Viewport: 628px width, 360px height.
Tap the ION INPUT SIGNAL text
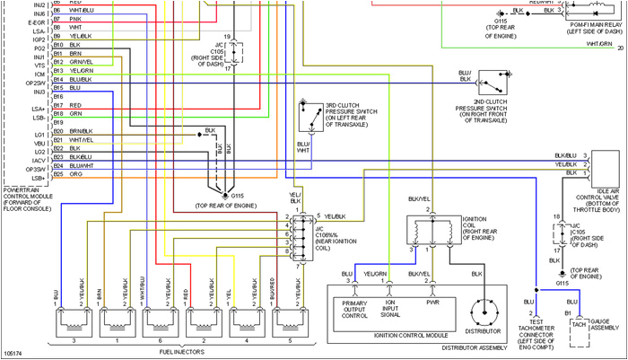[x=391, y=309]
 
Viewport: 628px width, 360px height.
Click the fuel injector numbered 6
[x=158, y=318]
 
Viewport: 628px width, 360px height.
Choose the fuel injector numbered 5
[x=288, y=318]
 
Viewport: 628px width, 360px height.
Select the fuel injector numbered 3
[x=71, y=318]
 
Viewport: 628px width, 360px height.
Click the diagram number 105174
[x=13, y=354]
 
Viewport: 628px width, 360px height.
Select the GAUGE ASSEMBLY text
[x=605, y=326]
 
